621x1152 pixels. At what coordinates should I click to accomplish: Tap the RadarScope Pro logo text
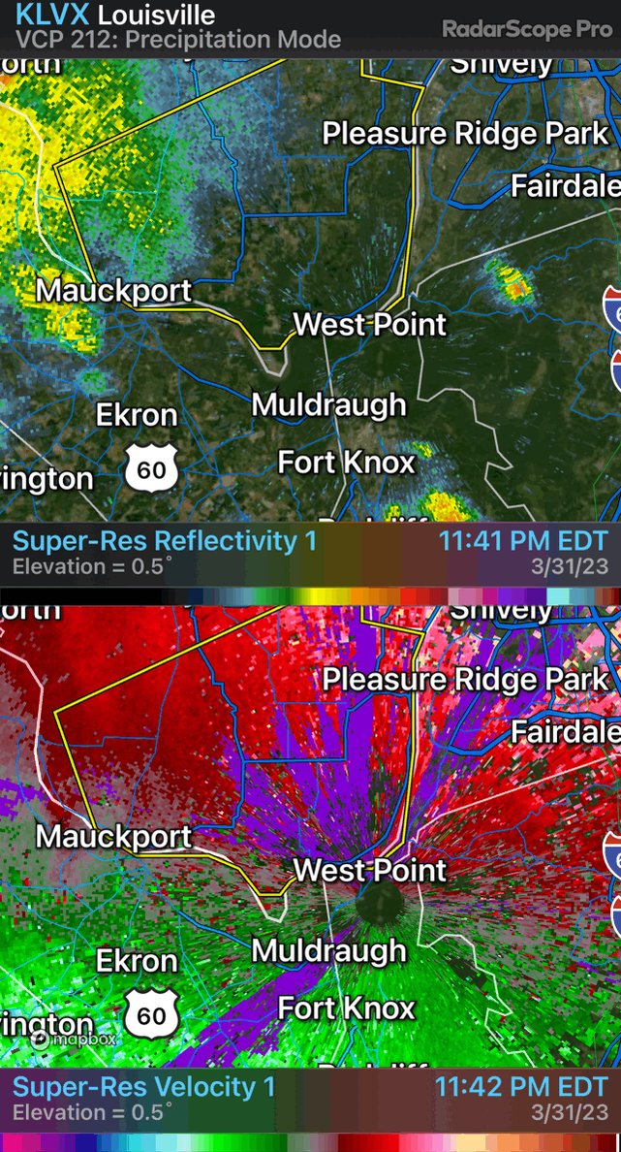click(527, 29)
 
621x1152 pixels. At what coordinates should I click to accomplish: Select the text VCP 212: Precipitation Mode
click(178, 41)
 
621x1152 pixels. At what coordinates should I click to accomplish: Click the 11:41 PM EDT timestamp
click(523, 541)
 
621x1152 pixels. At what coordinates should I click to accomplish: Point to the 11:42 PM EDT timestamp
click(521, 1086)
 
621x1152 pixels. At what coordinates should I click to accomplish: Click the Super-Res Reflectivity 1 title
click(165, 541)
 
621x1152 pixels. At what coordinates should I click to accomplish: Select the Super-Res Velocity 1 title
click(144, 1086)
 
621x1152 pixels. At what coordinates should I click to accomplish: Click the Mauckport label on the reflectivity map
click(114, 290)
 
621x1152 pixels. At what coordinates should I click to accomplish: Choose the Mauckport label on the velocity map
click(114, 836)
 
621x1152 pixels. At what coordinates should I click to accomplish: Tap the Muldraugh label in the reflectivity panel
click(328, 404)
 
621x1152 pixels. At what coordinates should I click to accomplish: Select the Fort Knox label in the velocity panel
click(347, 1008)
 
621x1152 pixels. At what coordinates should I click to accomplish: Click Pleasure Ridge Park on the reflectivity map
click(465, 134)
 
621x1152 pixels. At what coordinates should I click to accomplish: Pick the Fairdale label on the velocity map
click(566, 731)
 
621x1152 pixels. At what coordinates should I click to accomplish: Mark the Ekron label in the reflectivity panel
click(137, 415)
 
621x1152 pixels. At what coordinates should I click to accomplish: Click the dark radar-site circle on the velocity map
click(379, 907)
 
